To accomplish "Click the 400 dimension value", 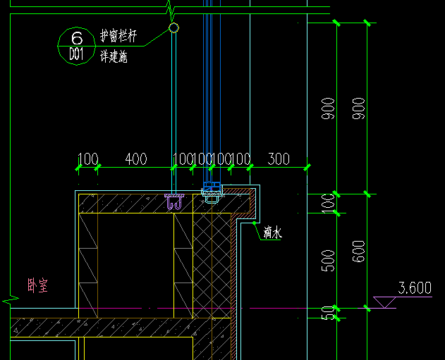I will click(136, 159).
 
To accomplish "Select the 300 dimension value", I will click(279, 159).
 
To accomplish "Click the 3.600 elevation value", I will click(415, 288).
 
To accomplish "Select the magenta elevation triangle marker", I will click(384, 302).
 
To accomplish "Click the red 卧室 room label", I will click(37, 285).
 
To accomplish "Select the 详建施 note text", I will click(113, 57).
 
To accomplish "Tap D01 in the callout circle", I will click(78, 54).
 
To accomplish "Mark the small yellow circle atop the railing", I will click(173, 28).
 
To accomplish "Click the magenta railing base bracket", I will click(174, 202).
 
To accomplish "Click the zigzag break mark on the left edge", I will click(10, 300).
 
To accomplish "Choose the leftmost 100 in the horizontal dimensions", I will click(87, 159).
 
